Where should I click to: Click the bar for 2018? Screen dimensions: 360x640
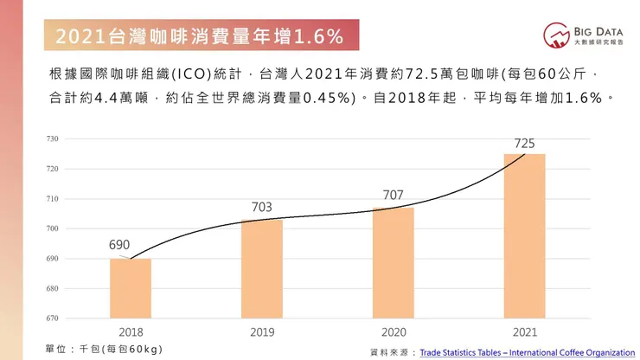point(131,288)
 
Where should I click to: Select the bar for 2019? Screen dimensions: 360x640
point(262,269)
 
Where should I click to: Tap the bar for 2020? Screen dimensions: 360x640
point(394,263)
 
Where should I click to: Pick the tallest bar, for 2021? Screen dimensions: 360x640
point(525,236)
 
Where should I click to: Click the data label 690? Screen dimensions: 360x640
point(119,245)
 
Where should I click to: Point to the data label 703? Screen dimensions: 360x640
point(262,208)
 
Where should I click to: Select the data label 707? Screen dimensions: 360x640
point(394,196)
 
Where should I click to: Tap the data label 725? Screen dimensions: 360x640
point(524,142)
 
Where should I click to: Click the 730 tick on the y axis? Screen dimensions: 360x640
point(52,138)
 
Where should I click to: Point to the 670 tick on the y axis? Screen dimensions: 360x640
point(52,318)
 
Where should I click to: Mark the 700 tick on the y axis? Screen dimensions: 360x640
point(52,228)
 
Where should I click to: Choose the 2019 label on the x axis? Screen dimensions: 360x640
point(262,331)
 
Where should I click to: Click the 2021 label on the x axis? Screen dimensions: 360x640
point(525,331)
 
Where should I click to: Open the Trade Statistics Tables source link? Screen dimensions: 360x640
point(527,352)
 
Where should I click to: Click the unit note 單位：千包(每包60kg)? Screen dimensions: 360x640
point(104,348)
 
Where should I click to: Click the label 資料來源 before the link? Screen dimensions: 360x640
point(392,352)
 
